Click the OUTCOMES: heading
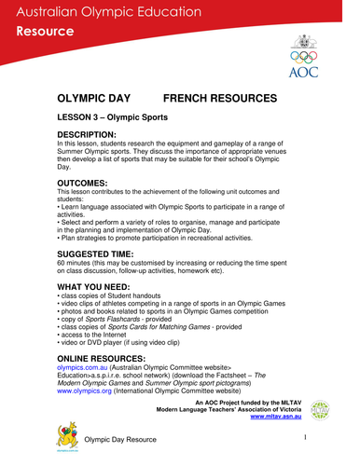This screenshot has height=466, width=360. coord(87,184)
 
